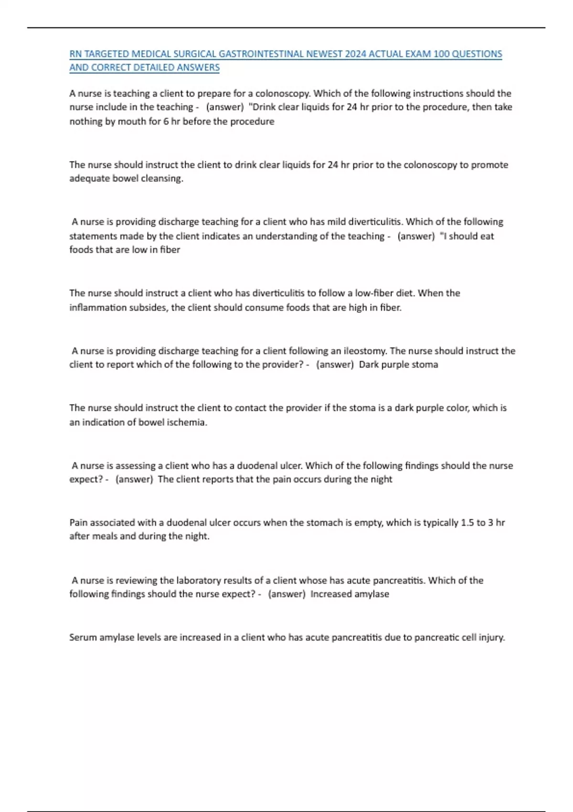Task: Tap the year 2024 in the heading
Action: (355, 54)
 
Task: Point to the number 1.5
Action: (467, 523)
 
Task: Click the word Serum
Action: (83, 637)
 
